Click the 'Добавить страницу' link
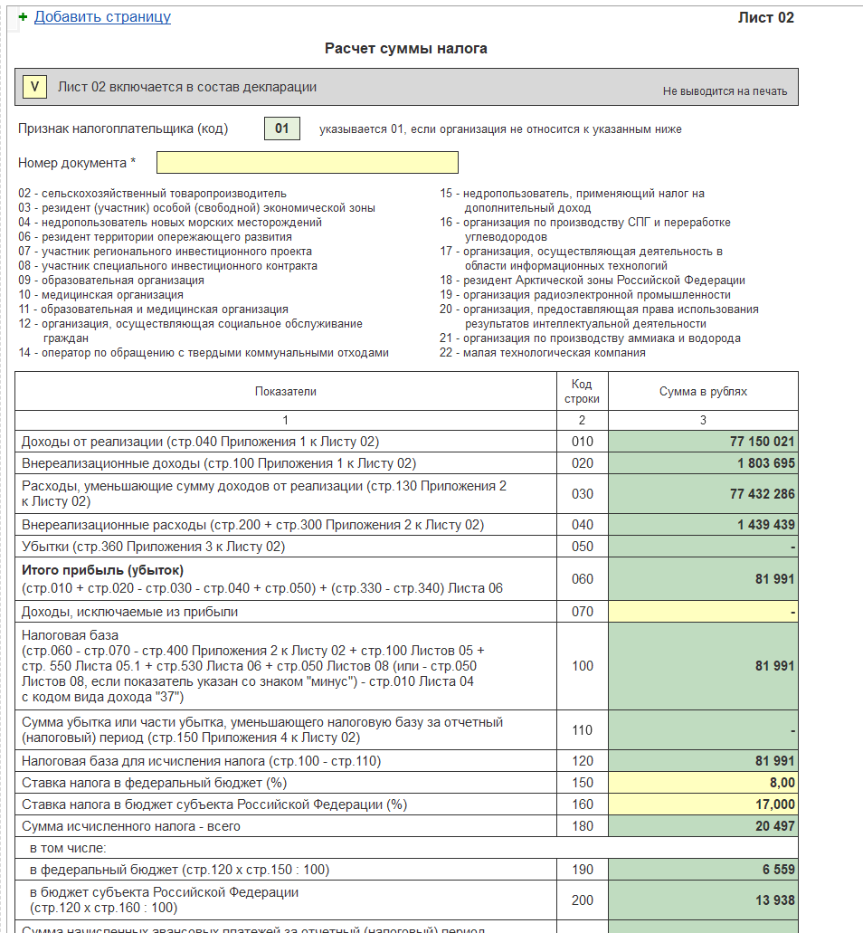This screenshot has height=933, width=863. tap(102, 17)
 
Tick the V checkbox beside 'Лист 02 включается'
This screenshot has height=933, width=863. tap(35, 87)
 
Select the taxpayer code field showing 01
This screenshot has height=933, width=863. tap(281, 129)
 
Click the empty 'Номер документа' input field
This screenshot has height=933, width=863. tap(307, 162)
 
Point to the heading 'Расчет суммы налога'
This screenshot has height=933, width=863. tap(405, 49)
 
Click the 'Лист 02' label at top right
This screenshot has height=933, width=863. tap(765, 17)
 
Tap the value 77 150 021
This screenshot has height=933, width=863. tap(762, 442)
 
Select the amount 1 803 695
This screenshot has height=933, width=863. tap(766, 463)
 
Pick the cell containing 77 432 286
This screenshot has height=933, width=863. tap(762, 494)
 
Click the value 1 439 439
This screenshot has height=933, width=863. tap(766, 525)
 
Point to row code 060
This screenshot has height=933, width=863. tap(583, 579)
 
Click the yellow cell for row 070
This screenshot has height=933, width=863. tap(703, 612)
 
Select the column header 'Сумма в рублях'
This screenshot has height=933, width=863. tap(703, 392)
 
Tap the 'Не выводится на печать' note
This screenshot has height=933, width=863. tap(725, 91)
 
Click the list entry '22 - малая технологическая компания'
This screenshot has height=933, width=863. tap(543, 353)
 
